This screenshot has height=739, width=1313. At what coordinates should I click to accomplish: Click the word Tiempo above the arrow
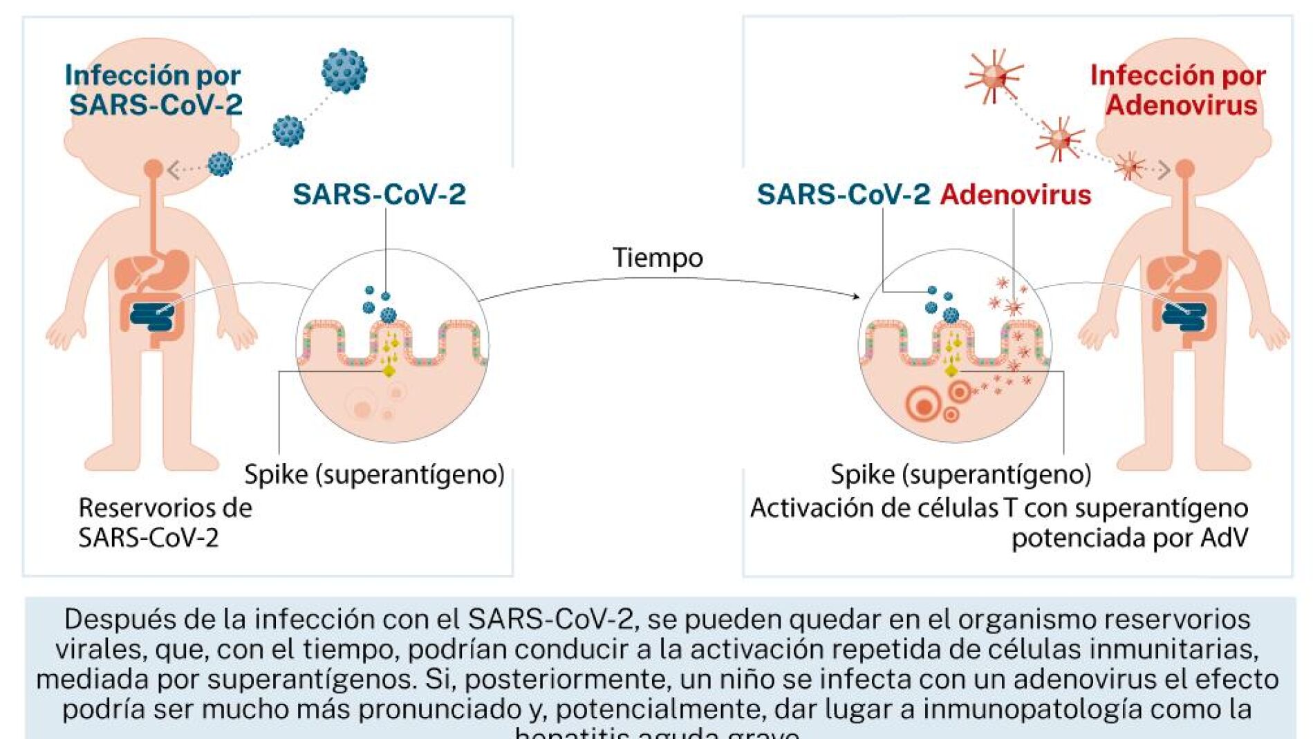[x=658, y=258]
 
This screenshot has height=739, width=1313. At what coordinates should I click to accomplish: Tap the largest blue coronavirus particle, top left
[x=344, y=71]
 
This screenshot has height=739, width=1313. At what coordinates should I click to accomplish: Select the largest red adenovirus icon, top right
[x=994, y=75]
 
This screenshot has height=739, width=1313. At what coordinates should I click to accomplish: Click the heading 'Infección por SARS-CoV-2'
[x=154, y=90]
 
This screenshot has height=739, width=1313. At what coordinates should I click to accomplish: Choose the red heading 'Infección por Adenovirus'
[x=1178, y=90]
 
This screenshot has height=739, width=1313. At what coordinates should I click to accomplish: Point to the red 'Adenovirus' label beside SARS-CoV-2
[x=1015, y=195]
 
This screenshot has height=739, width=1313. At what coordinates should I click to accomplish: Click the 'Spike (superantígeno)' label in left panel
[x=374, y=475]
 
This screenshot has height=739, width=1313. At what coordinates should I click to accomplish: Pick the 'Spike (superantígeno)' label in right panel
[x=960, y=475]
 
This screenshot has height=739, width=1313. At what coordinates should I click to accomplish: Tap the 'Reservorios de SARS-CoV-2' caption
[x=165, y=523]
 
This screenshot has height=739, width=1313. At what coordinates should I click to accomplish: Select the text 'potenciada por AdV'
[x=1130, y=538]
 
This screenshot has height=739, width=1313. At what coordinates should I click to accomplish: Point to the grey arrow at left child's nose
[x=174, y=169]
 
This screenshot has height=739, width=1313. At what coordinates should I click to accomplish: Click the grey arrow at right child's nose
[x=1164, y=170]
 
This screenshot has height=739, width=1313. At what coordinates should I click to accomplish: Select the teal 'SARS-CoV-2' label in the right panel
[x=843, y=195]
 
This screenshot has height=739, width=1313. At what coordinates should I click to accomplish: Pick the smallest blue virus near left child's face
[x=221, y=164]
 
